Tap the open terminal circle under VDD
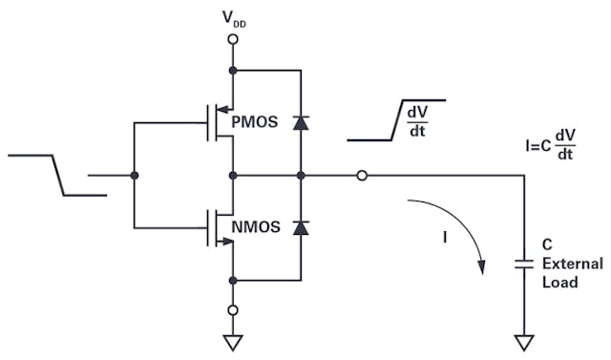232,40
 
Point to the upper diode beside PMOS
301,122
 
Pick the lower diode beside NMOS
301,227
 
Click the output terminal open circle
362,176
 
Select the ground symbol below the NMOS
232,341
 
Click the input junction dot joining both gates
134,176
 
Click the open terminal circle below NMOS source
232,310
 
